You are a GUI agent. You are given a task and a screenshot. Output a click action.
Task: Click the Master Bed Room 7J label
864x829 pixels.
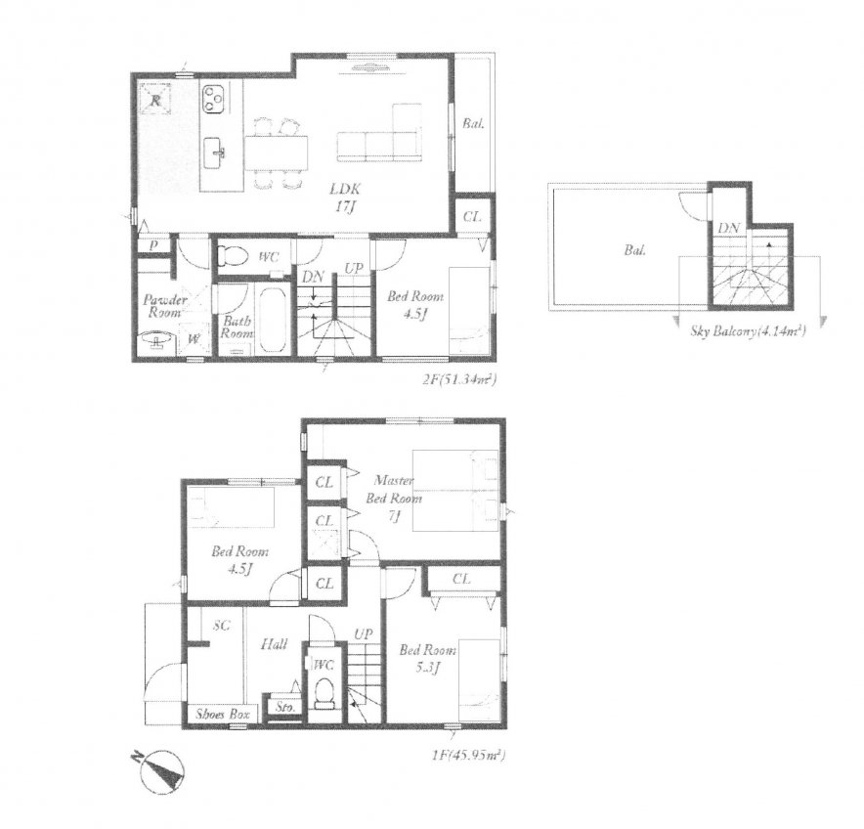tap(395, 498)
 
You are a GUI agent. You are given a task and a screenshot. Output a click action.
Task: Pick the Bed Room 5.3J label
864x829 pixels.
tap(418, 658)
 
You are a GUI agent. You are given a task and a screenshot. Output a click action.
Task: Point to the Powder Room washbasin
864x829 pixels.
tap(152, 340)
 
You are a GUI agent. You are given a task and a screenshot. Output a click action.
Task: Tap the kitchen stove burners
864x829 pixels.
tap(214, 98)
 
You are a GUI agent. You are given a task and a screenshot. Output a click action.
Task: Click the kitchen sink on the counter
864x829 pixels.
tap(217, 150)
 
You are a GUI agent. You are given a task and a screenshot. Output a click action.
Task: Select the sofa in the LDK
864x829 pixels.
tap(379, 137)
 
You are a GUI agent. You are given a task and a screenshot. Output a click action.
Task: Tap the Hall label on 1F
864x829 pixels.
tap(273, 644)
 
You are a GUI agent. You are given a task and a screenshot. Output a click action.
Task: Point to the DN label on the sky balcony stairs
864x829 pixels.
tap(728, 228)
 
